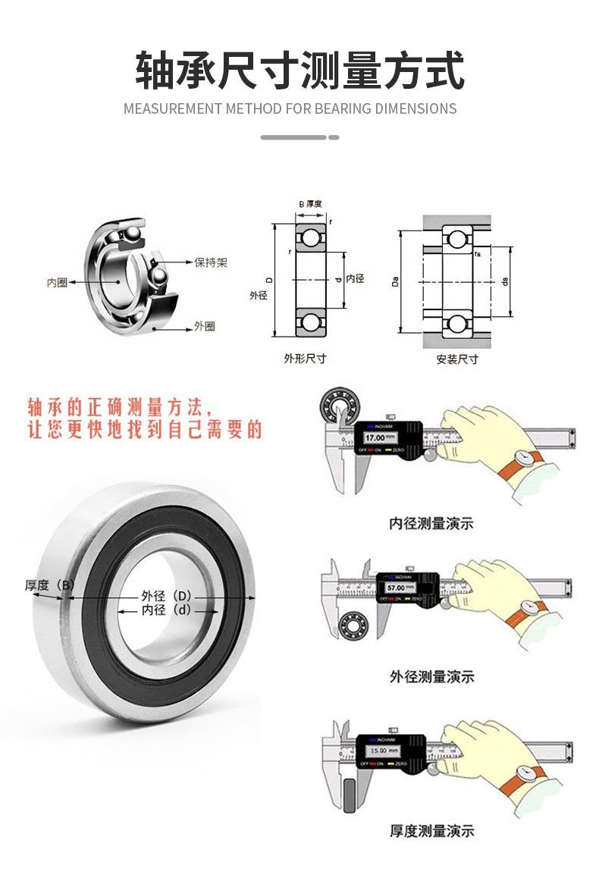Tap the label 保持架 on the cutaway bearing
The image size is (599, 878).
pyautogui.click(x=211, y=262)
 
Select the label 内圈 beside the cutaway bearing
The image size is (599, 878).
pyautogui.click(x=57, y=282)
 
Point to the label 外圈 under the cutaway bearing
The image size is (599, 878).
pyautogui.click(x=204, y=326)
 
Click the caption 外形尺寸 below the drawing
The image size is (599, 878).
pyautogui.click(x=305, y=358)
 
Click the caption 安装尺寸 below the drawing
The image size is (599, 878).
pyautogui.click(x=456, y=359)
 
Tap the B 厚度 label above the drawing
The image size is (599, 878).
pyautogui.click(x=310, y=204)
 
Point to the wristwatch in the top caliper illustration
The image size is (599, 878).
pyautogui.click(x=522, y=457)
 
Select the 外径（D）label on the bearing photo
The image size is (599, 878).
pyautogui.click(x=166, y=596)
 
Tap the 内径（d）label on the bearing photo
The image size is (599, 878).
pyautogui.click(x=166, y=610)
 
